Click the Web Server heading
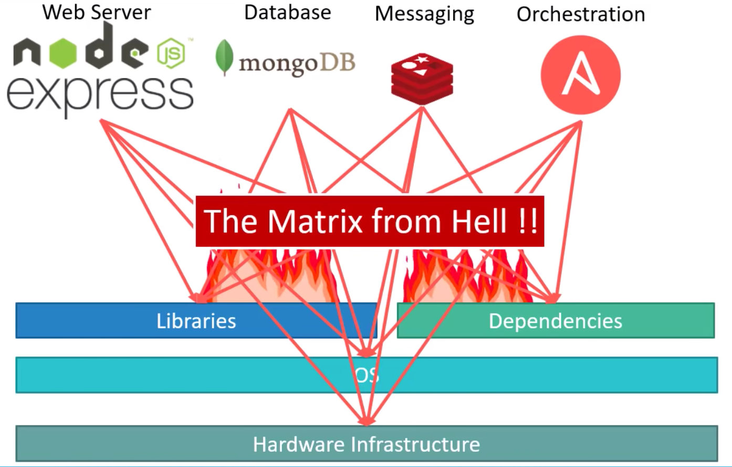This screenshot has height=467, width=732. (x=97, y=13)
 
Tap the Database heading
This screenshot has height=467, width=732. (x=288, y=13)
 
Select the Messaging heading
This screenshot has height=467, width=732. (x=424, y=14)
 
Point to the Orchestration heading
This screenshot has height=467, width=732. (x=581, y=14)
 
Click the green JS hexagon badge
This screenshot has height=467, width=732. (x=171, y=53)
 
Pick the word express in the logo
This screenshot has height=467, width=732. (x=100, y=94)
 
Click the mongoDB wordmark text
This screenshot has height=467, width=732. (x=297, y=63)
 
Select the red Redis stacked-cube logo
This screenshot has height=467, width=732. (x=422, y=79)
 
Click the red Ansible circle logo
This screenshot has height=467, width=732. (x=581, y=75)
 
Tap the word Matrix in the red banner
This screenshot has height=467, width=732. (x=315, y=221)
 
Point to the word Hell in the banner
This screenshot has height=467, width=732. (x=479, y=221)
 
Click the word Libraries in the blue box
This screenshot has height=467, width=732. (x=196, y=321)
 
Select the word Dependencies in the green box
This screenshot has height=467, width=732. (x=555, y=321)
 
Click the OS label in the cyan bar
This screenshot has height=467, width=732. (x=367, y=375)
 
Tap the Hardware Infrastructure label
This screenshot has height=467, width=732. (x=367, y=444)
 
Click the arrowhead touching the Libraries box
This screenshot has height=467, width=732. (x=198, y=298)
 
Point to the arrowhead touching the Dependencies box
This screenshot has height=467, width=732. (x=552, y=298)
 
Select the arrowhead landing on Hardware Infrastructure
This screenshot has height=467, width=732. (x=367, y=421)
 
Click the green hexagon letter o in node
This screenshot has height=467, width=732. (x=62, y=53)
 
